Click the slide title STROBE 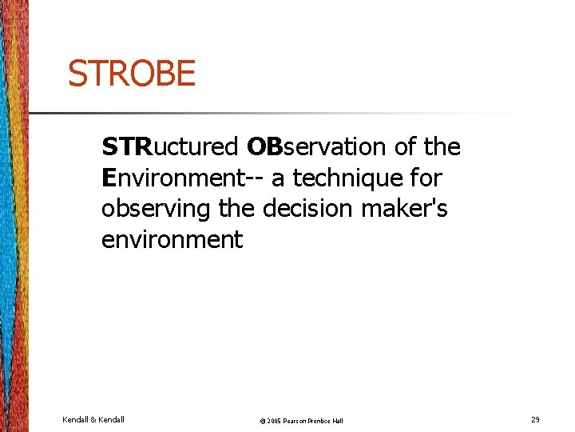click(x=131, y=74)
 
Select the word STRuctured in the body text click(x=169, y=147)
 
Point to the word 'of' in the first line click(x=406, y=147)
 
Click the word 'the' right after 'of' click(x=442, y=147)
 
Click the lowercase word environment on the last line click(x=172, y=239)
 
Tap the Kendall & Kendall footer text click(x=93, y=418)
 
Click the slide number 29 click(x=534, y=418)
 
